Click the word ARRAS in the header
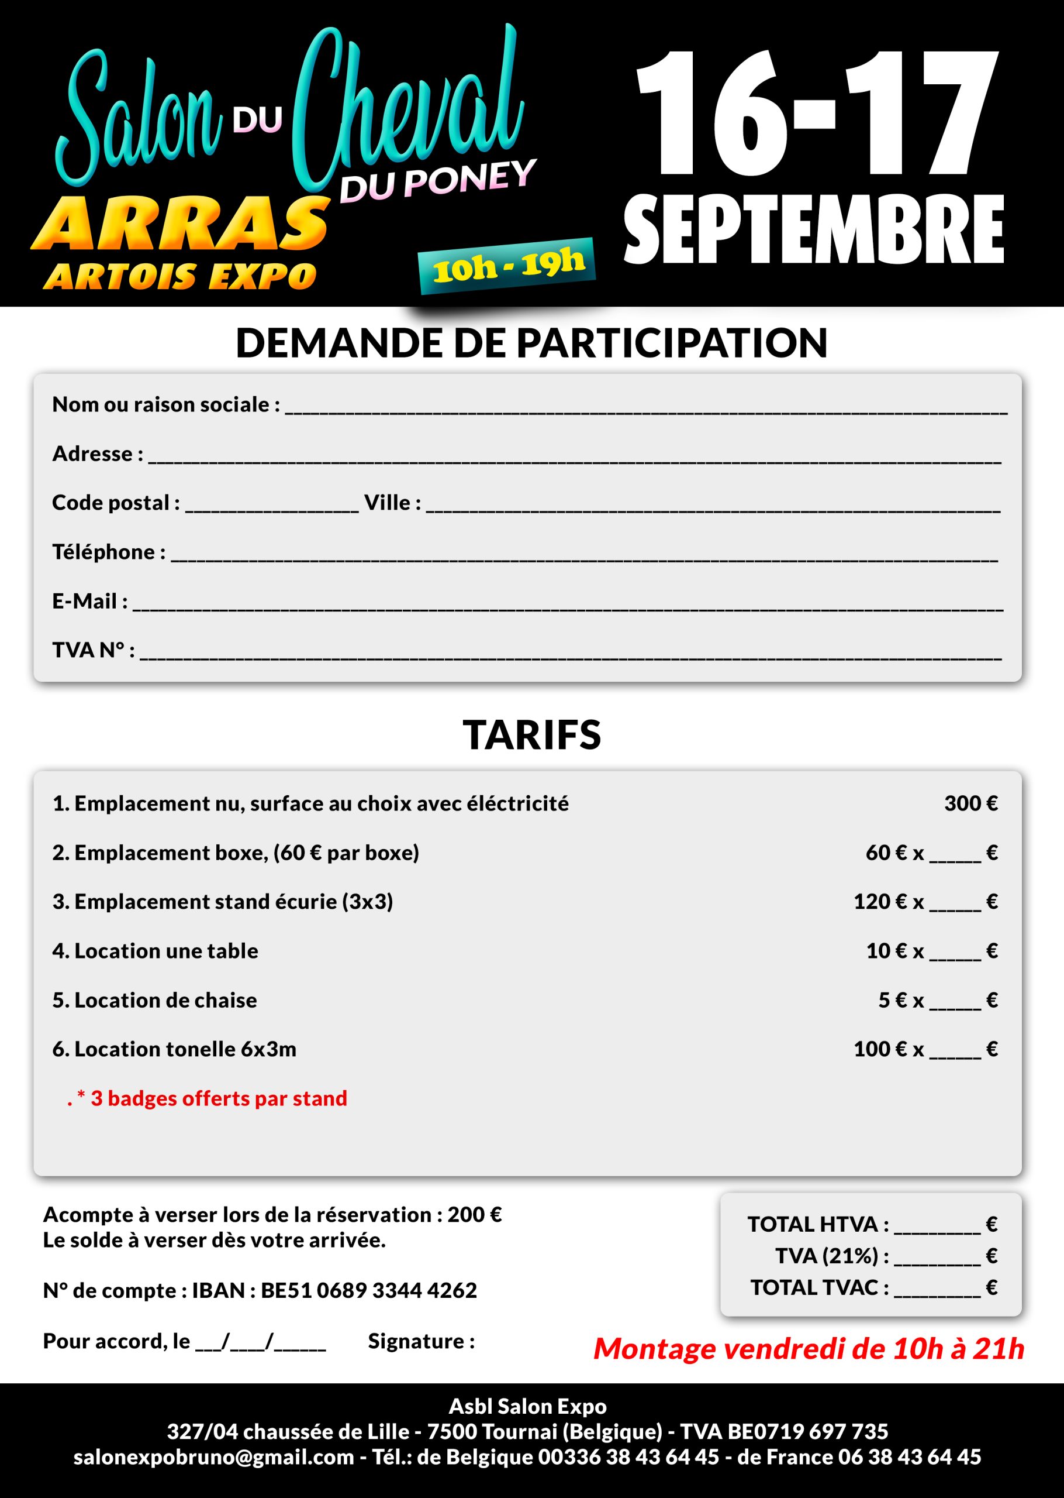180,224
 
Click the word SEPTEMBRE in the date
813,229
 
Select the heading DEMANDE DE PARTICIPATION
531,343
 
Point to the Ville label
392,503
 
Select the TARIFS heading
531,735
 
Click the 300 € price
970,804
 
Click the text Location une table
166,951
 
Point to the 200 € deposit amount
474,1215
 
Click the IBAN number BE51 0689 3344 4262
368,1290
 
